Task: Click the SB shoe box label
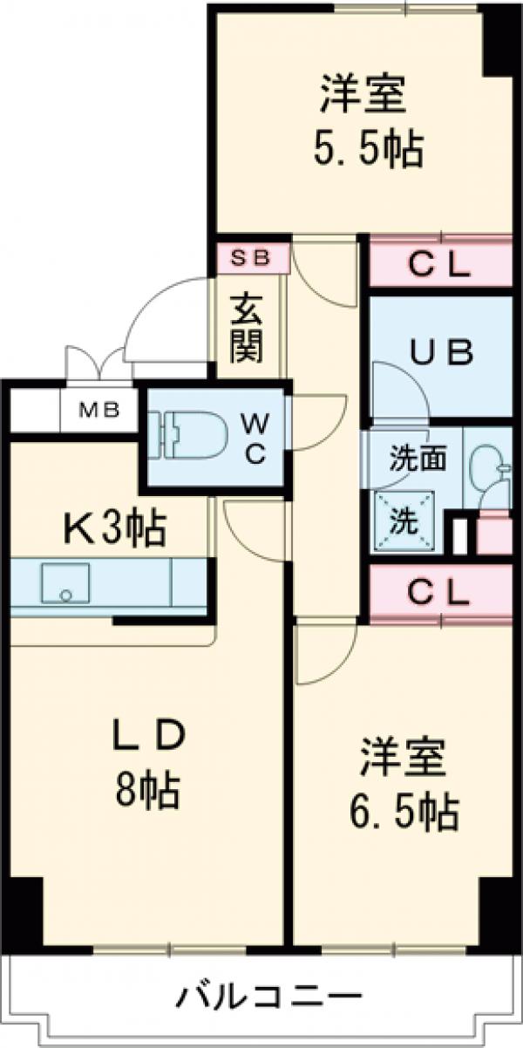(253, 257)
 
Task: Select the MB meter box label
(98, 410)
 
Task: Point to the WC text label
(255, 439)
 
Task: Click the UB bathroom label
(442, 353)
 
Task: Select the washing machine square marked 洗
(403, 523)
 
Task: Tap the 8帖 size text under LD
(146, 792)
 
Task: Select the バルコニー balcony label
(270, 994)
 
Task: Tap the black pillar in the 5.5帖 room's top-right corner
(499, 39)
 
